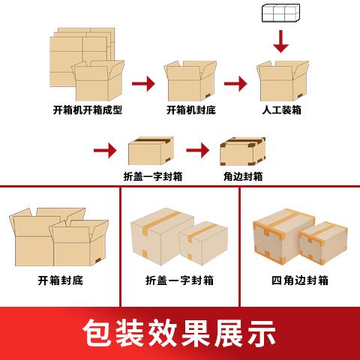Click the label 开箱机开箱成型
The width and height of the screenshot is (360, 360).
88,110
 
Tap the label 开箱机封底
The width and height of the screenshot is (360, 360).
191,110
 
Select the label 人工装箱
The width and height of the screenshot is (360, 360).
281,110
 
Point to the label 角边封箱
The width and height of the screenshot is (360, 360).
243,176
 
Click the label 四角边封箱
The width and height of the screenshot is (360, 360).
300,280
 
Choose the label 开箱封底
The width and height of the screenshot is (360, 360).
61,280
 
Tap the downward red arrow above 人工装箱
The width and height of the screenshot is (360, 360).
281,41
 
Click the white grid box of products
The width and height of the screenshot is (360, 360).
280,13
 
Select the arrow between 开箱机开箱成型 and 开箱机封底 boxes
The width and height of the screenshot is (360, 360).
143,83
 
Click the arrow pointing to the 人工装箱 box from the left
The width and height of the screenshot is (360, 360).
235,83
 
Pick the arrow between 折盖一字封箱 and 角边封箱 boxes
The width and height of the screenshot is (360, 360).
198,150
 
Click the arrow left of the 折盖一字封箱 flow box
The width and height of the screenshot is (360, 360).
105,150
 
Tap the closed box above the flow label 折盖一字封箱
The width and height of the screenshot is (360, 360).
151,151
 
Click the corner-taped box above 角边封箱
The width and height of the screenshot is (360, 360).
242,151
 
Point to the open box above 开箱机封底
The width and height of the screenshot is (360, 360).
190,81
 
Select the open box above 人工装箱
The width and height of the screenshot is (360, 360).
283,81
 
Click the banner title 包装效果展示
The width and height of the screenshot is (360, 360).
179,333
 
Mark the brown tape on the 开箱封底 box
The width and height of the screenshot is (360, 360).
100,260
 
